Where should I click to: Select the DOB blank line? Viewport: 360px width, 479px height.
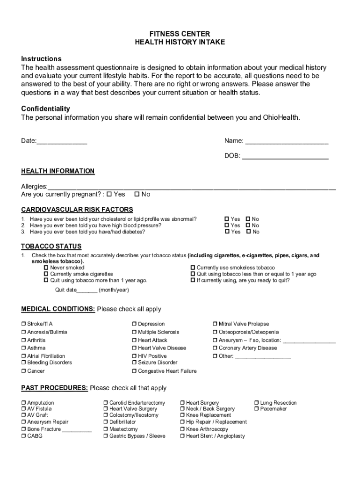coord(285,157)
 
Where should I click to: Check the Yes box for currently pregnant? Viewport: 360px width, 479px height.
coord(109,194)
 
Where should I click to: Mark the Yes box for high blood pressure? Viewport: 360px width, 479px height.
coord(227,225)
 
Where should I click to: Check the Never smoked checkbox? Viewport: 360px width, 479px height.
coord(46,268)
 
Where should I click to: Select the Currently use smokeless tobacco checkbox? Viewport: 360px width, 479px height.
coord(193,268)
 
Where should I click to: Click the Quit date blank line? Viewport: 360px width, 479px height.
coord(87,290)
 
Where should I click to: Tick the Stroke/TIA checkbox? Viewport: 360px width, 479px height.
coord(23,324)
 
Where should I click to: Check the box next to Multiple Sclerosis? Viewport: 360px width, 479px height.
coord(134,332)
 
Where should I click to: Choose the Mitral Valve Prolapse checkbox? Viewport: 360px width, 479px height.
coord(215,324)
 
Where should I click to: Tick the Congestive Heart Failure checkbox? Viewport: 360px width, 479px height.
coord(134,371)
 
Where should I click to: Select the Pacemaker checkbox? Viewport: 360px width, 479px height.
coord(256,409)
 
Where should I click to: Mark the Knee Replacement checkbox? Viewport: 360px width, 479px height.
coord(182,415)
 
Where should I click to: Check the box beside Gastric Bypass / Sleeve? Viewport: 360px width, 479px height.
coord(106,436)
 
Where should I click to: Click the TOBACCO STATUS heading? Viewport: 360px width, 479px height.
coord(51,247)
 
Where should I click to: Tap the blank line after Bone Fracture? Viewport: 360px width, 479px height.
coord(77,430)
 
